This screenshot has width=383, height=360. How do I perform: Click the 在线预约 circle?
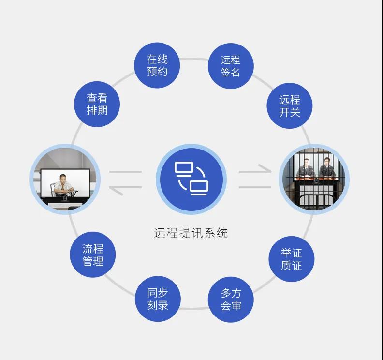point(157,65)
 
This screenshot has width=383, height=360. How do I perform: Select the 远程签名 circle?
point(231,66)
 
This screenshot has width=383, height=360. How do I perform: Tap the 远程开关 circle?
point(290,106)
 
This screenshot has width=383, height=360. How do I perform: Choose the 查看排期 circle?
point(97,104)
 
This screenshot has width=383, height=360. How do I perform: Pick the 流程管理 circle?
point(93,255)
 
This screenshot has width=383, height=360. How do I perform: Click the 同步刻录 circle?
point(158,299)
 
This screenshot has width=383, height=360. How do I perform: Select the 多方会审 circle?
point(231,300)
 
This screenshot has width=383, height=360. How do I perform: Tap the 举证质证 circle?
point(292,259)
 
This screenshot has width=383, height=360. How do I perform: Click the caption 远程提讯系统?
point(191,233)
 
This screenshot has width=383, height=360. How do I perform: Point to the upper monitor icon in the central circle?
point(184,169)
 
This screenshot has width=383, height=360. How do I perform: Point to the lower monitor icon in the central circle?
point(199,188)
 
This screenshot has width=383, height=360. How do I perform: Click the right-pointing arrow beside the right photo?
point(255,169)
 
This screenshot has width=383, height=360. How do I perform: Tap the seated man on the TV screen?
point(63,185)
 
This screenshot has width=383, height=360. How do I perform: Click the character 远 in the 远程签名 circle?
point(226,60)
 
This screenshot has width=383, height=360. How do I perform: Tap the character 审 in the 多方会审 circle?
point(236,306)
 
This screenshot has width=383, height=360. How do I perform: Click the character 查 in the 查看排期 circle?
point(92,98)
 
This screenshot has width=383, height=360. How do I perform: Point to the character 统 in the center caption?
point(222,233)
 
